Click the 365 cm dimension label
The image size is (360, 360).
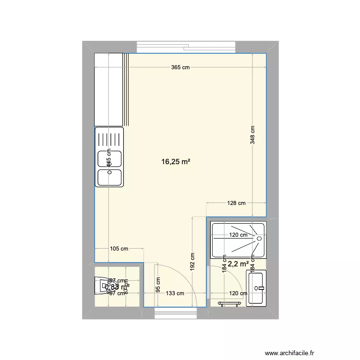[180, 68]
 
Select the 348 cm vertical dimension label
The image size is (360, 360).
[253, 135]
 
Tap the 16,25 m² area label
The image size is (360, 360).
[176, 162]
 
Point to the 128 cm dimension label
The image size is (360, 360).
[236, 203]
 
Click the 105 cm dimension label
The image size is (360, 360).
[119, 249]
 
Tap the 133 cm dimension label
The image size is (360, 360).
[175, 293]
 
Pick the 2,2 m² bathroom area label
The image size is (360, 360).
[239, 264]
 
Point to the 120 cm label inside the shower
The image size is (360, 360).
[238, 235]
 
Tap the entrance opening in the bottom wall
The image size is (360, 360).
[177, 314]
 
